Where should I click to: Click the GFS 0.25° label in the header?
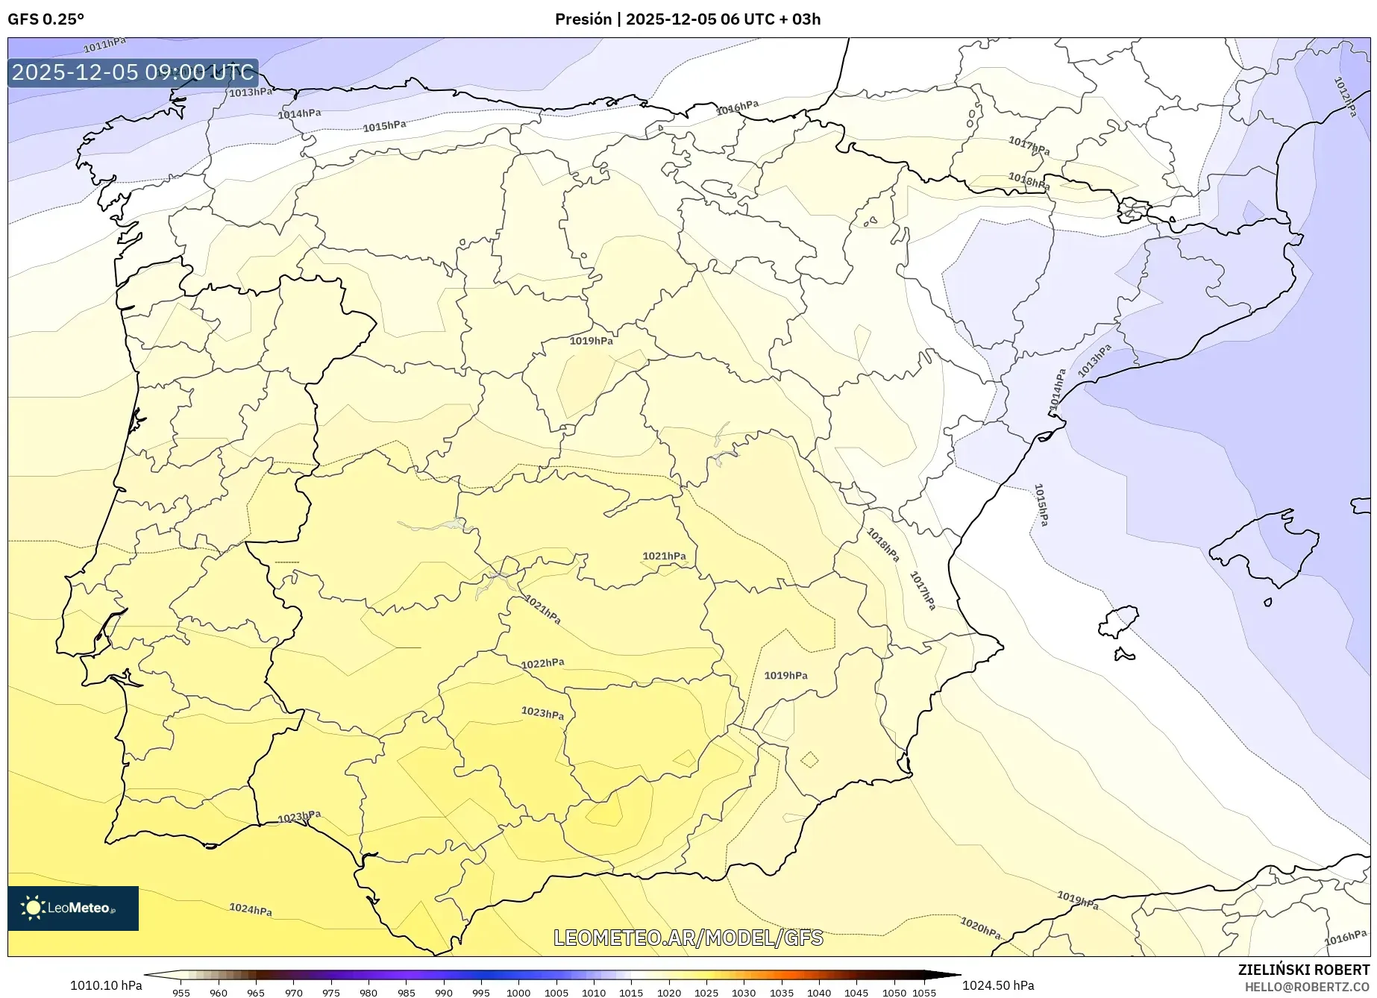point(46,19)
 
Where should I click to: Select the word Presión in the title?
point(583,19)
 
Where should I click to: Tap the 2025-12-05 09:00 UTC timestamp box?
point(133,73)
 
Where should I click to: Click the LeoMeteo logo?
point(72,908)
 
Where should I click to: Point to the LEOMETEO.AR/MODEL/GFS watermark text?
point(688,938)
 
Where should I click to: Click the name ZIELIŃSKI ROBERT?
point(1303,970)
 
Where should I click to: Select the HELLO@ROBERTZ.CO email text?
point(1307,987)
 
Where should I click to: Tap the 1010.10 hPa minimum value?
point(106,985)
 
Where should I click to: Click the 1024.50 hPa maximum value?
point(998,985)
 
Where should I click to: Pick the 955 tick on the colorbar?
point(181,993)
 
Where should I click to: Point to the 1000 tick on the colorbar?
point(518,993)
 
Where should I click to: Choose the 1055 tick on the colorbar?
point(924,993)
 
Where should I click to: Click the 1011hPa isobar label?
point(104,45)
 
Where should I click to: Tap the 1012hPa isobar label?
point(1345,96)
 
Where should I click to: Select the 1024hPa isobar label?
point(251,909)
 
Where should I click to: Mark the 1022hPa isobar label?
point(542,663)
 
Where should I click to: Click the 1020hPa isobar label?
point(980,928)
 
